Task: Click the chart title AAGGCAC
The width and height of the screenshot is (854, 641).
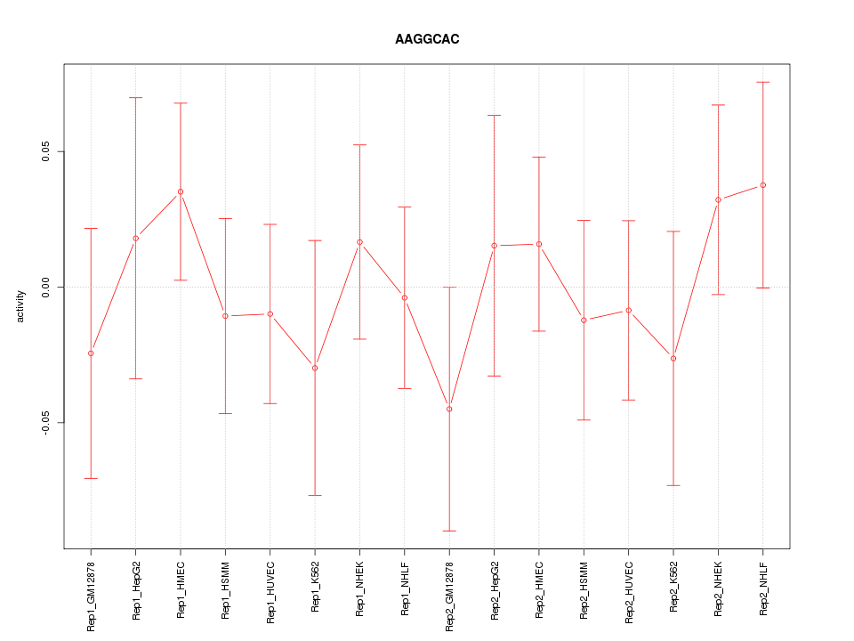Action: tap(427, 40)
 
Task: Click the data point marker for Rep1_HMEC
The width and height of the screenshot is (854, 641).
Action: tap(181, 191)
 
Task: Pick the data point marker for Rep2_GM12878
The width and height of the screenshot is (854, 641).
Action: tap(449, 409)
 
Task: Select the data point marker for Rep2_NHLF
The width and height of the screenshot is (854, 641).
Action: tap(762, 185)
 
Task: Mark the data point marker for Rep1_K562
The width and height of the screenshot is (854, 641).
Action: tap(315, 368)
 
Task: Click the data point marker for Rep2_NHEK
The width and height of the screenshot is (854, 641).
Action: tap(718, 199)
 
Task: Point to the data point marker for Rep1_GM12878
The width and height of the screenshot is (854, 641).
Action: tap(91, 353)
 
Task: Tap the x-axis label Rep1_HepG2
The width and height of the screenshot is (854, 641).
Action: tap(136, 590)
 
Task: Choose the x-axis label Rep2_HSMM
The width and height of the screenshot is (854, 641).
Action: tap(584, 590)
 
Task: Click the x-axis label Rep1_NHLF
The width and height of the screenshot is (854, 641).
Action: tap(405, 590)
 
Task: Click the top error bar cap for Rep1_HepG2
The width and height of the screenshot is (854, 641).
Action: tap(136, 97)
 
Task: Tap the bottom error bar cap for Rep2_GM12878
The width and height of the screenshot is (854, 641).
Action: tap(449, 531)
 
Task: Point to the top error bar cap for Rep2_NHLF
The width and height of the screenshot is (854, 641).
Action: tap(762, 82)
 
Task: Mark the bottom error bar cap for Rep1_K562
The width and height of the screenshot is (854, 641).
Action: tap(315, 495)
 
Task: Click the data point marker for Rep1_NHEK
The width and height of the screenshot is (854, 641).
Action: tap(359, 242)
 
